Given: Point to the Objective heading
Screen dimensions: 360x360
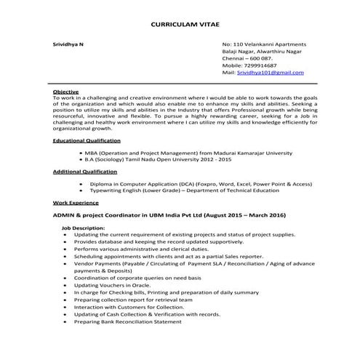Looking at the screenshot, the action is pyautogui.click(x=66, y=92).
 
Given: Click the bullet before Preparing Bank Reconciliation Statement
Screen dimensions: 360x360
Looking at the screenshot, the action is pyautogui.click(x=65, y=321).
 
